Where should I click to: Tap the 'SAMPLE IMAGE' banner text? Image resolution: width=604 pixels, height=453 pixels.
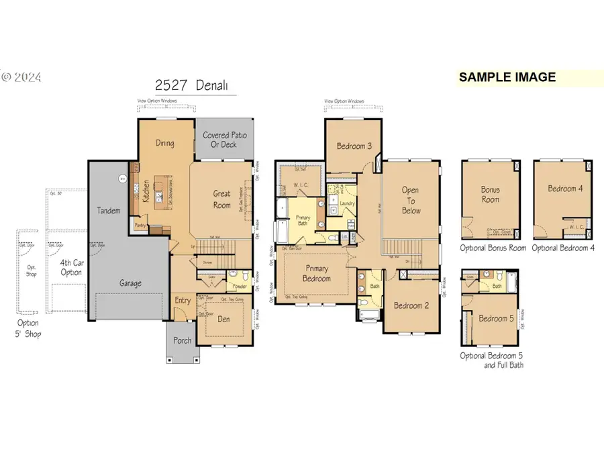(507, 77)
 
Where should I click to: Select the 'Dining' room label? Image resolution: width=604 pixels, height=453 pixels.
(165, 143)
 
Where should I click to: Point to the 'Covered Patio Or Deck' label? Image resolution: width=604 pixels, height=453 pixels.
(225, 140)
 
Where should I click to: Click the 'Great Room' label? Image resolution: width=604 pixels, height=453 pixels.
(222, 199)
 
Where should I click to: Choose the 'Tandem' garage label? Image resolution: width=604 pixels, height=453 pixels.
(108, 211)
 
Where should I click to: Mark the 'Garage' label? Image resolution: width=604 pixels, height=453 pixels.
(130, 283)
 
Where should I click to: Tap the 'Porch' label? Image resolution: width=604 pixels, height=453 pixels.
(181, 340)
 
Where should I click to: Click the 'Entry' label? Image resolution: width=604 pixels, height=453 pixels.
(183, 301)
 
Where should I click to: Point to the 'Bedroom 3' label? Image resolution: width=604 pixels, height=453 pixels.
(354, 146)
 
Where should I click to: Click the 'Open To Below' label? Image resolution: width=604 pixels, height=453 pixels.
(411, 201)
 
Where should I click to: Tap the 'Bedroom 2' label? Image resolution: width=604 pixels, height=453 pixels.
(411, 305)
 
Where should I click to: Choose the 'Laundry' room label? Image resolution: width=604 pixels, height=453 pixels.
(347, 203)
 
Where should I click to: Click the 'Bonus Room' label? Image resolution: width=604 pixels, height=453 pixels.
(490, 195)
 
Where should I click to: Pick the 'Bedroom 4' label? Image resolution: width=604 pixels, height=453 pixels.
(565, 189)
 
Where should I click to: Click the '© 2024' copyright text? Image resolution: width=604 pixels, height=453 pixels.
(21, 78)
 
